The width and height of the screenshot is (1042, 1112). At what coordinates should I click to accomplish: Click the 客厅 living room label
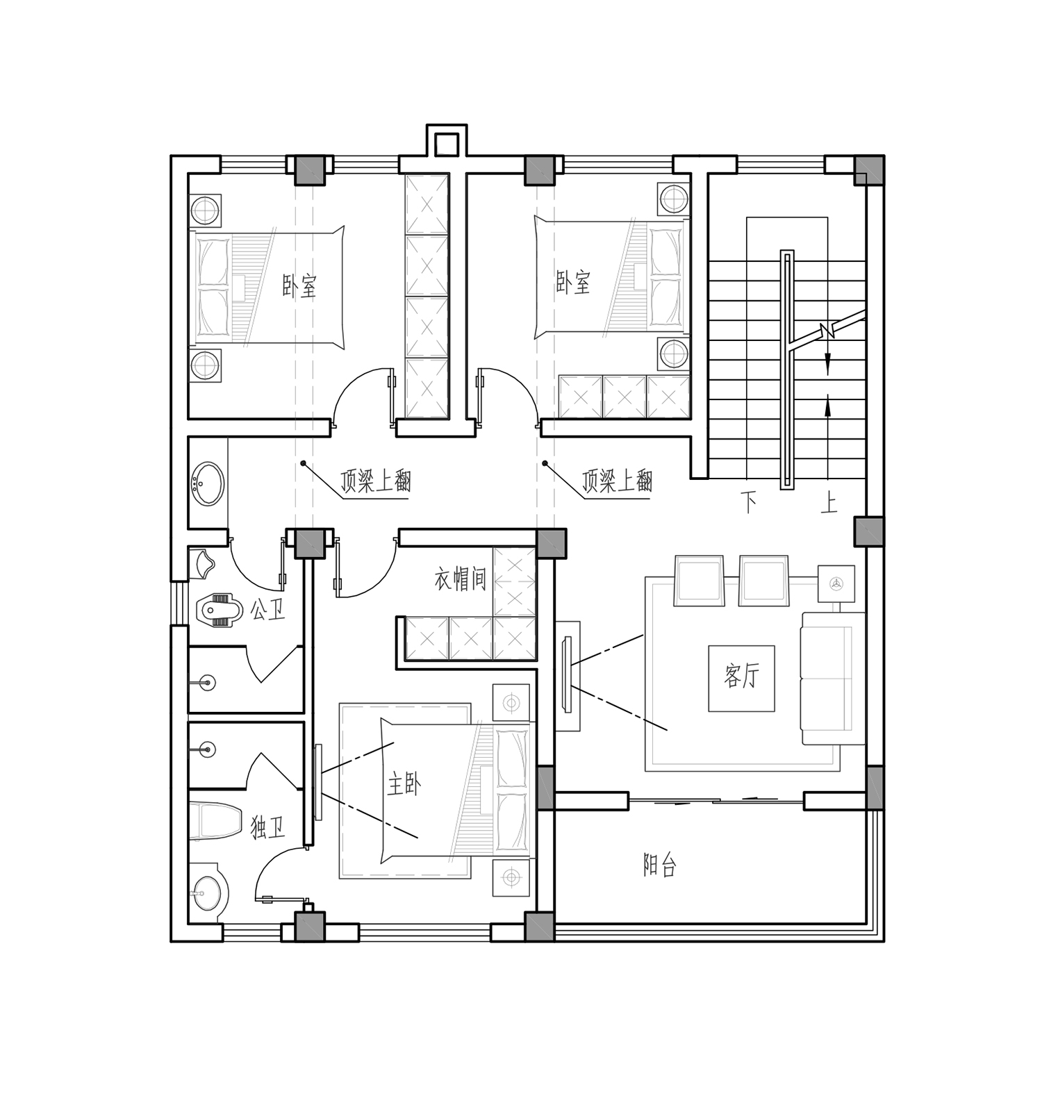click(741, 675)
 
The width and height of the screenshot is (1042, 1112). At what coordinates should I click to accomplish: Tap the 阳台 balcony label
click(659, 865)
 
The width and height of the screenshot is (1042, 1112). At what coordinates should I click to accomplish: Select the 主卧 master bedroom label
click(404, 786)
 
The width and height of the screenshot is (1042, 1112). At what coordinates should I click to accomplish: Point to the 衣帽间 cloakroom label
click(460, 579)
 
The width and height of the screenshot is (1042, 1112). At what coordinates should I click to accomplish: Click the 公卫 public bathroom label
click(267, 611)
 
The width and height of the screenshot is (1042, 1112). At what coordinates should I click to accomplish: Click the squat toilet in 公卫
click(220, 609)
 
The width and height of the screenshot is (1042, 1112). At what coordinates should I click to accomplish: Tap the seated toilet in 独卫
click(215, 821)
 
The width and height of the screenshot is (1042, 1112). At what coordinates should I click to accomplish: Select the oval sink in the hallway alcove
click(207, 483)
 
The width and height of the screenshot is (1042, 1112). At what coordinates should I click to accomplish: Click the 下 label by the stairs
click(748, 502)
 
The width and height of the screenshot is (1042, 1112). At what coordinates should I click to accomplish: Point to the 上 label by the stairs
click(829, 502)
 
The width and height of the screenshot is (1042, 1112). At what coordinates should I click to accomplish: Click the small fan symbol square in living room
click(836, 583)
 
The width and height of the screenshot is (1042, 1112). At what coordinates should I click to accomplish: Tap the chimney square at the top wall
click(445, 144)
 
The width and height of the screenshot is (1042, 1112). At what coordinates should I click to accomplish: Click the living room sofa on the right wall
click(833, 679)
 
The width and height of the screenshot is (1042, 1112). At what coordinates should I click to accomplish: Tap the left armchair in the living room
click(699, 581)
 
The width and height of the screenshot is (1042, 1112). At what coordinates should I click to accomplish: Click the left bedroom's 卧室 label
click(299, 285)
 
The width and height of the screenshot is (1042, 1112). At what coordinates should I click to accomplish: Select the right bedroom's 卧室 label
click(573, 282)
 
